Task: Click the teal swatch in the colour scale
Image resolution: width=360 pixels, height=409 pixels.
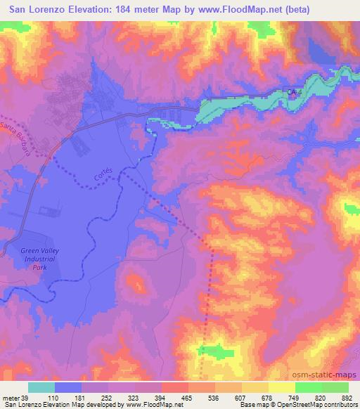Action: (x=41, y=388)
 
